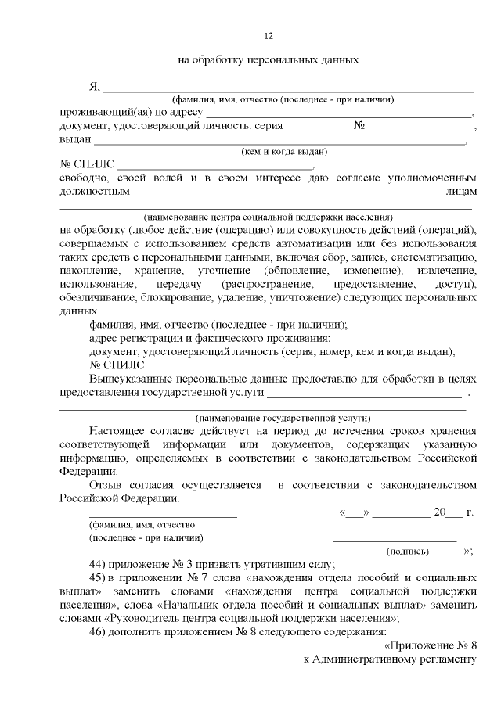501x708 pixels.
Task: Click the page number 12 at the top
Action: coord(268,36)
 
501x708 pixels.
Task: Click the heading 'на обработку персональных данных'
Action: coord(268,59)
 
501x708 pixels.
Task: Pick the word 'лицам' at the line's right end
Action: coord(460,190)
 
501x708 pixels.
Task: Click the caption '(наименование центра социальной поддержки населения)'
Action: coord(268,216)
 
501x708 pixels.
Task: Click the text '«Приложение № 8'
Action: coord(431,645)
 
